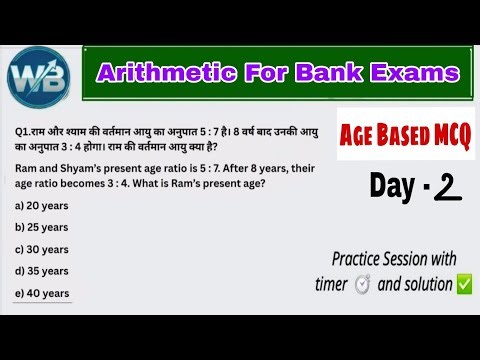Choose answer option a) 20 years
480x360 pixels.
pyautogui.click(x=41, y=204)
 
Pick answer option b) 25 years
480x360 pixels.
pyautogui.click(x=41, y=226)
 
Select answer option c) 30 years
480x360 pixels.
pyautogui.click(x=41, y=249)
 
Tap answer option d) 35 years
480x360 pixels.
pyautogui.click(x=41, y=271)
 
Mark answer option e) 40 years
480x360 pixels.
pyautogui.click(x=41, y=293)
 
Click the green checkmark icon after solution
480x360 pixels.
pyautogui.click(x=464, y=284)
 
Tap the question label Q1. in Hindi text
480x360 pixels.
pyautogui.click(x=24, y=130)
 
